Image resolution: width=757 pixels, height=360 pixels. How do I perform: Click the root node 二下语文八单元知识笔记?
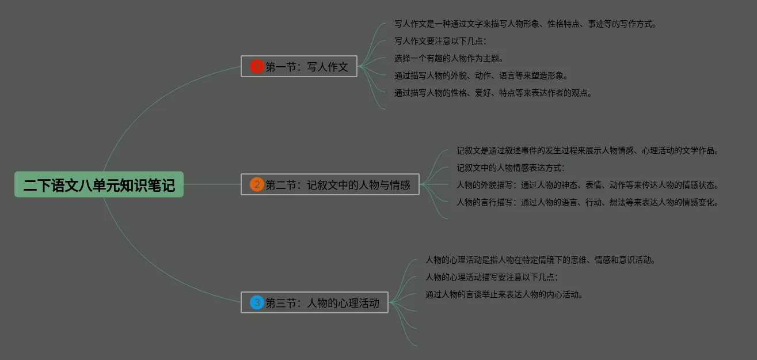(x=99, y=184)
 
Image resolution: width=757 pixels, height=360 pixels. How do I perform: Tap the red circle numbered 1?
(x=257, y=66)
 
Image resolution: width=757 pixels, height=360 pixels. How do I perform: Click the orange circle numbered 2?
(x=257, y=184)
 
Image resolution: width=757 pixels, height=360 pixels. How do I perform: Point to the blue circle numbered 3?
(x=257, y=302)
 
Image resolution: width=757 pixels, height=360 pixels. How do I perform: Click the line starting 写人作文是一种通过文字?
(x=525, y=24)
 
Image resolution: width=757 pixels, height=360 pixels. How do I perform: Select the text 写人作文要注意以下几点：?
(x=440, y=41)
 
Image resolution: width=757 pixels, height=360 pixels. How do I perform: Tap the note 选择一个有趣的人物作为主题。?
(x=449, y=58)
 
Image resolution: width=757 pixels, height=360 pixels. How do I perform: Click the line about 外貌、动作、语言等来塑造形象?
(x=481, y=75)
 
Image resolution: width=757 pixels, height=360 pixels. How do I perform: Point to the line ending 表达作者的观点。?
(x=493, y=93)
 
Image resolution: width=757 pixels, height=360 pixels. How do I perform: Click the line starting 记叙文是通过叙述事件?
(x=588, y=151)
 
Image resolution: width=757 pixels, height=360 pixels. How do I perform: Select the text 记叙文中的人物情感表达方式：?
(x=511, y=168)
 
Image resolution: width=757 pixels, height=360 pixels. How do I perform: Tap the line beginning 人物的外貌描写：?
(x=588, y=185)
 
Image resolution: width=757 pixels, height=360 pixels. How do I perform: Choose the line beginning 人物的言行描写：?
(x=588, y=202)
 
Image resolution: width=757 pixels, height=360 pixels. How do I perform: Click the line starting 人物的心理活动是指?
(x=541, y=260)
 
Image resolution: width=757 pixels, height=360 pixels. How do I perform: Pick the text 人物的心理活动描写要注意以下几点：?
(x=492, y=277)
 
